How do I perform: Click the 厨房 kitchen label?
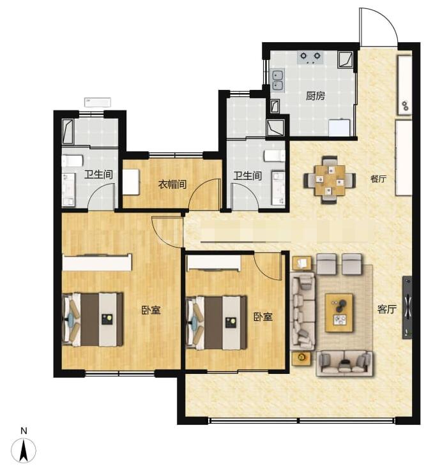[x=316, y=96]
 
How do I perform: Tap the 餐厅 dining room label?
[x=378, y=179]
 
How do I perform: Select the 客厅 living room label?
[x=387, y=309]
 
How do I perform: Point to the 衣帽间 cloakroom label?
[x=172, y=184]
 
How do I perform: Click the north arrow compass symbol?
[x=24, y=450]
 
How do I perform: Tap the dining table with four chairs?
[x=330, y=180]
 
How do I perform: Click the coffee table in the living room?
[x=339, y=313]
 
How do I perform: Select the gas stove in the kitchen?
[x=310, y=57]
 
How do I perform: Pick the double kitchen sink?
[x=277, y=80]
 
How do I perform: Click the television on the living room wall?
[x=407, y=308]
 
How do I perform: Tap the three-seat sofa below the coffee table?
[x=344, y=363]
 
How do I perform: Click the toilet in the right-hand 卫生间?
[x=275, y=156]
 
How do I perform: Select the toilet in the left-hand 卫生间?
[x=72, y=161]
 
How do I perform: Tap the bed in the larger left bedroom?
[x=92, y=320]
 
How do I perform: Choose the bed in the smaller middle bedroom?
[x=216, y=323]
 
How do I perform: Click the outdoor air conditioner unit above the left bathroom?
[x=98, y=102]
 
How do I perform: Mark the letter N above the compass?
[x=24, y=431]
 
